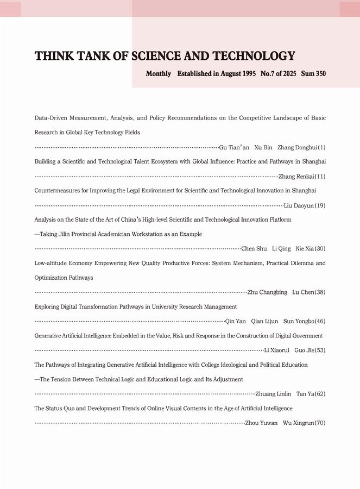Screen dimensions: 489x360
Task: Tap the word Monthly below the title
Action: pos(158,73)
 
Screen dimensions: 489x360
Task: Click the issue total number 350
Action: pos(320,73)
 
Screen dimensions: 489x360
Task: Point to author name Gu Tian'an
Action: pos(234,147)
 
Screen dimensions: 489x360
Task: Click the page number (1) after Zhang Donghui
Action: pos(321,147)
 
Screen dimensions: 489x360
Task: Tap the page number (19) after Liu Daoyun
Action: pos(320,205)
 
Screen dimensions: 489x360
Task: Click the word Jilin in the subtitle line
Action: pos(70,234)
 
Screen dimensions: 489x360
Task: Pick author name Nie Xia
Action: pos(305,249)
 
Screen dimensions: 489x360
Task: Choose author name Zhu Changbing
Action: pos(267,292)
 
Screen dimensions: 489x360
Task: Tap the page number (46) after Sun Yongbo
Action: pos(320,321)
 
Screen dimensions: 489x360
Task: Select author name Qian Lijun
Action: pos(264,321)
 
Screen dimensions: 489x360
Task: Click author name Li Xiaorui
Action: pos(277,350)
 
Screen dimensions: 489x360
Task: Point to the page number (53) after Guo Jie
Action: pos(320,350)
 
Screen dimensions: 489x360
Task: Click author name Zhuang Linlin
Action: pos(273,393)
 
